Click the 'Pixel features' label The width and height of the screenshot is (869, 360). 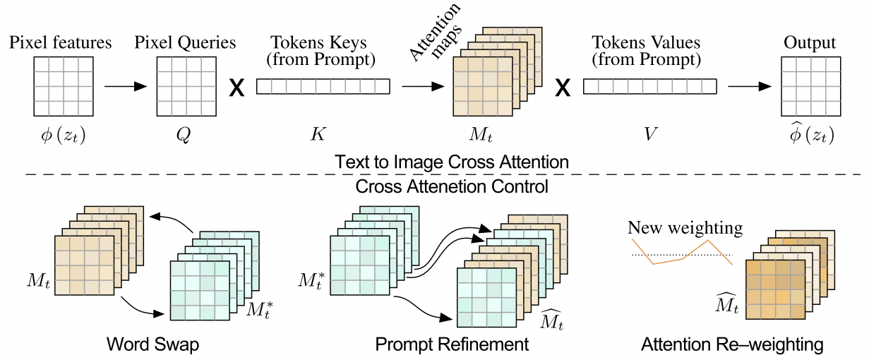(61, 43)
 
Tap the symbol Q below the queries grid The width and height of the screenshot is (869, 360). (185, 133)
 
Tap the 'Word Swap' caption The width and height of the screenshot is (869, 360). (152, 344)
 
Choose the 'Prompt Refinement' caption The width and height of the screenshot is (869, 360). (452, 344)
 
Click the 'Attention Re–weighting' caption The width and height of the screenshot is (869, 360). (732, 344)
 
